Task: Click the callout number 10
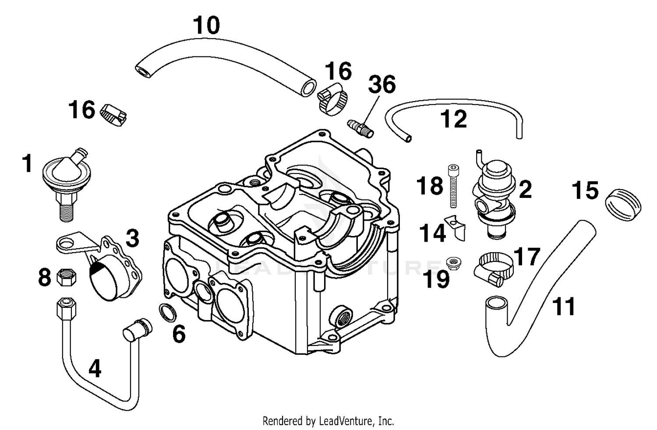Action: (207, 25)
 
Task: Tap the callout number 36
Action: (381, 85)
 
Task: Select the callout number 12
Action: (454, 119)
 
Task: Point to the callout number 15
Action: (585, 190)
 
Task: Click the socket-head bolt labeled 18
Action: (453, 186)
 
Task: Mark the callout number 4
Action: (94, 369)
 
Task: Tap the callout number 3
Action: (132, 239)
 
